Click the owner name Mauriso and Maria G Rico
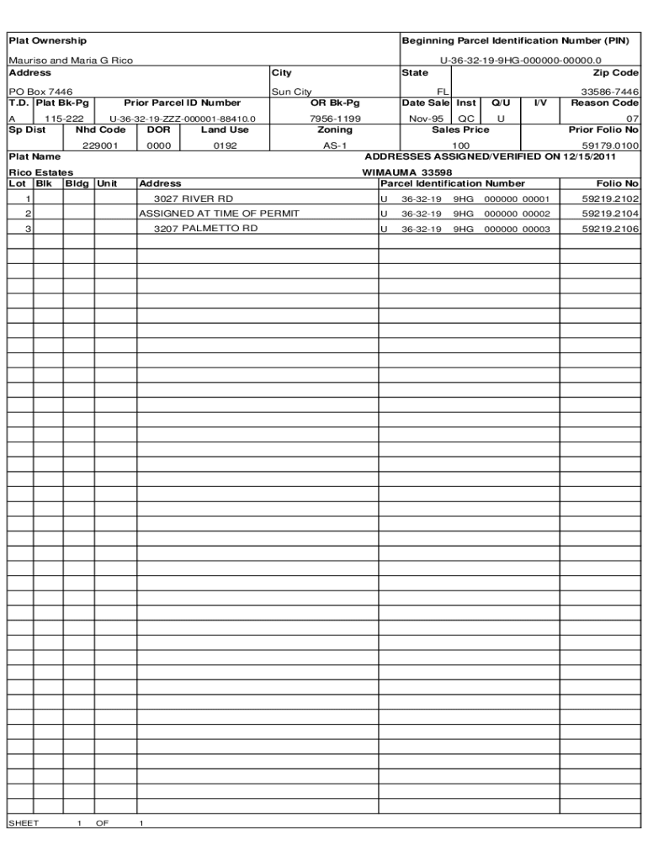click(71, 61)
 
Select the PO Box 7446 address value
click(40, 92)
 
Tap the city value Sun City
click(291, 92)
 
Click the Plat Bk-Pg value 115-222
click(64, 119)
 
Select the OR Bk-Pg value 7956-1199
click(335, 119)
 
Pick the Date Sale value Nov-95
click(426, 119)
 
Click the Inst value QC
click(465, 119)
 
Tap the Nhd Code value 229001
click(100, 145)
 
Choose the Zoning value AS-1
click(335, 145)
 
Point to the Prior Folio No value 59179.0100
click(610, 145)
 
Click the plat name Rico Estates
click(40, 172)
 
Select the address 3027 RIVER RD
click(194, 199)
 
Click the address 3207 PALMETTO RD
click(205, 229)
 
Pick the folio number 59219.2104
click(610, 214)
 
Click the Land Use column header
click(225, 129)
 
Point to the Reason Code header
click(605, 103)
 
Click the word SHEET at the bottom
click(24, 823)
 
